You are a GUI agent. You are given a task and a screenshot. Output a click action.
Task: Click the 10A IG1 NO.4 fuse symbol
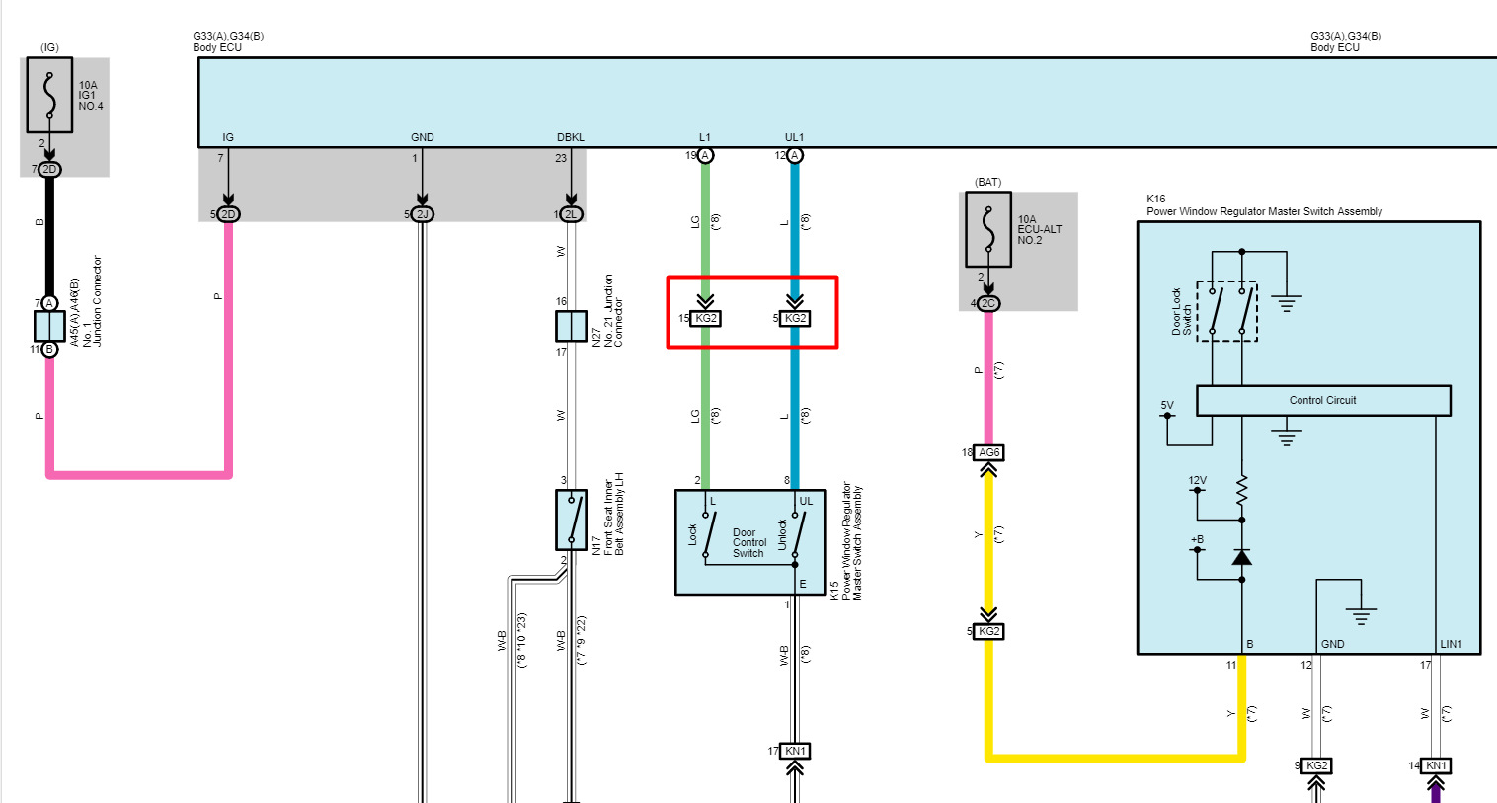[x=49, y=95]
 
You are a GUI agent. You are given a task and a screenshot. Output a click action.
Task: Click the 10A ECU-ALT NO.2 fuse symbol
[x=988, y=229]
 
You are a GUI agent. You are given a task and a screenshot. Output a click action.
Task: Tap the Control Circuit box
[x=1323, y=400]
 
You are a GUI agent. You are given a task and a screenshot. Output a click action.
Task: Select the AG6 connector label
[x=988, y=452]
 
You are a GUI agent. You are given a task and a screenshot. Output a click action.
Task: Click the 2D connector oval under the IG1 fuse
[x=49, y=169]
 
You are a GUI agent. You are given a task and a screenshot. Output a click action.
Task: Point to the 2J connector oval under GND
[x=422, y=214]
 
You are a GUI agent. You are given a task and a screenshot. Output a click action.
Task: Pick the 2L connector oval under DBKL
[x=571, y=214]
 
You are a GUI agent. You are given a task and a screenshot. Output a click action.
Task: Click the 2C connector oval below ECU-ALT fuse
[x=988, y=303]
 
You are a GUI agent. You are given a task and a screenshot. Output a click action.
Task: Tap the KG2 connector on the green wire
[x=705, y=318]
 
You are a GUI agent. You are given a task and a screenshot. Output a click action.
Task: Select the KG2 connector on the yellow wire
[x=988, y=631]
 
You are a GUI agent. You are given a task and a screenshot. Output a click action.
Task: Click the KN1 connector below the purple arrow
[x=1436, y=765]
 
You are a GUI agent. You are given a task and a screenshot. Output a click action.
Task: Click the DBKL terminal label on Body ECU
[x=571, y=137]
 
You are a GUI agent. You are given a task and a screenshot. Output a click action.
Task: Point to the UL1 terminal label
[x=794, y=137]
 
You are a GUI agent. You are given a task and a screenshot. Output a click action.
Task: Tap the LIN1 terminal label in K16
[x=1451, y=644]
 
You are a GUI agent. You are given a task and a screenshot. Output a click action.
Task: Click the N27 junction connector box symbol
[x=571, y=326]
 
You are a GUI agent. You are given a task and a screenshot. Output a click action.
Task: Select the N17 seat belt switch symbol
[x=571, y=521]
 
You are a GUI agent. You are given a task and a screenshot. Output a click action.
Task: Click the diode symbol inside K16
[x=1242, y=558]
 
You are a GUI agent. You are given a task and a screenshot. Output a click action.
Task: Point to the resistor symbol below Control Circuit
[x=1242, y=489]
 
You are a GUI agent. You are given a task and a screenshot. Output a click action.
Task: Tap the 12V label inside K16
[x=1197, y=481]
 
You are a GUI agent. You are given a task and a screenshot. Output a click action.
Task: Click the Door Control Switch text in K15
[x=749, y=543]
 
